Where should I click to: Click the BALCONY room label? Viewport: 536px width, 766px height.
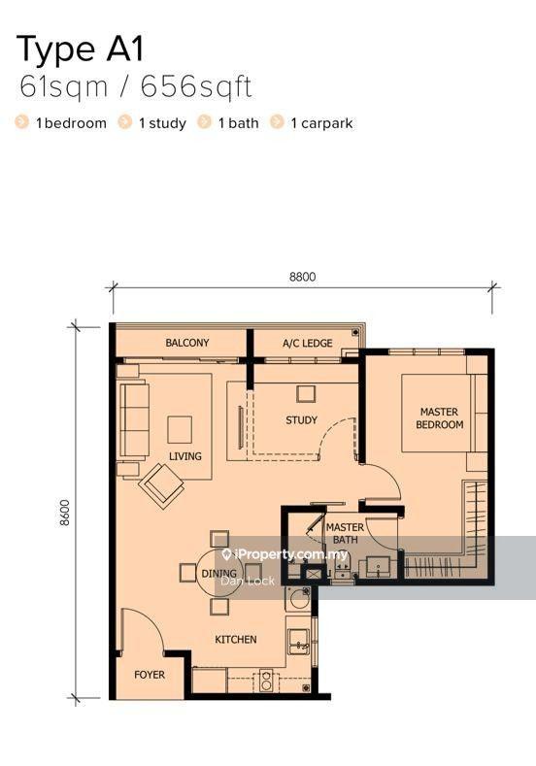click(x=187, y=343)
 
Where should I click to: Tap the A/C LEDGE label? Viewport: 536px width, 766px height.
click(x=308, y=344)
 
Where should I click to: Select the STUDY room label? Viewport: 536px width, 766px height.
click(x=301, y=420)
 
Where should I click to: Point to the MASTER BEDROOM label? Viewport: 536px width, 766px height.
click(x=439, y=418)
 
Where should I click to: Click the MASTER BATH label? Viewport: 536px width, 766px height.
click(x=345, y=533)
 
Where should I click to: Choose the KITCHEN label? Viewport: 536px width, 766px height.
click(x=236, y=640)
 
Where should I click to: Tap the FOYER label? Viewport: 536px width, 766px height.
click(x=150, y=675)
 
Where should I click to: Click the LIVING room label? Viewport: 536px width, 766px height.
click(x=185, y=456)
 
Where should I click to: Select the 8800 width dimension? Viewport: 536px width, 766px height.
click(x=302, y=277)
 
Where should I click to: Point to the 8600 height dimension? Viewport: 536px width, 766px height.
click(x=64, y=513)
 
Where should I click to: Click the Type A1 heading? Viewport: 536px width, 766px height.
click(x=81, y=50)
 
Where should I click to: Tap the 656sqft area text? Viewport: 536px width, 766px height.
click(x=196, y=87)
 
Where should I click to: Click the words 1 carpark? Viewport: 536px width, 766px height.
click(x=321, y=123)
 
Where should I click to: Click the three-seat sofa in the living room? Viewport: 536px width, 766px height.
click(x=134, y=420)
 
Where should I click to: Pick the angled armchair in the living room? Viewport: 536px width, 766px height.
click(x=161, y=486)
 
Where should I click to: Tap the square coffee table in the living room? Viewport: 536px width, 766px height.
click(x=180, y=429)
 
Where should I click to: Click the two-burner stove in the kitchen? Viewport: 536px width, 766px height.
click(x=266, y=681)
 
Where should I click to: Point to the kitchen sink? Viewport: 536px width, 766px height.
click(x=297, y=642)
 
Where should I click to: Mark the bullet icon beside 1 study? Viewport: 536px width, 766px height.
click(x=125, y=122)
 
